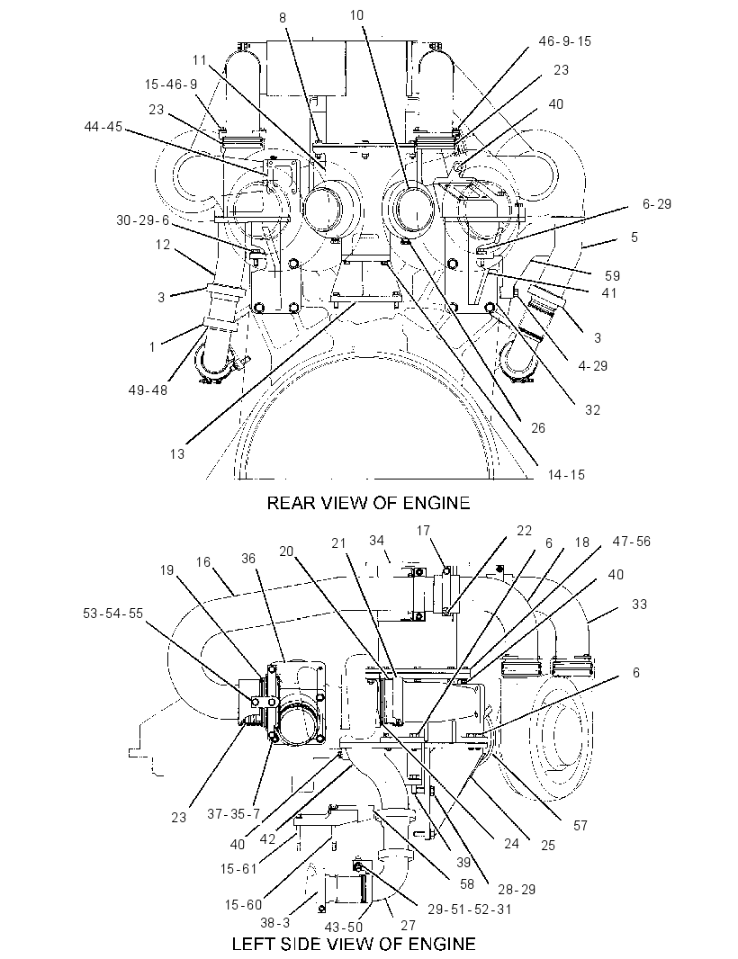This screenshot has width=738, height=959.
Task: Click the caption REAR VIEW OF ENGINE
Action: point(368,503)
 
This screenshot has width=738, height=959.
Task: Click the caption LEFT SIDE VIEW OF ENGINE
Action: point(353,943)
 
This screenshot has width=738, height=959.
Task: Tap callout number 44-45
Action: point(103,127)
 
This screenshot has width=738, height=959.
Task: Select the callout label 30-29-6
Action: point(142,220)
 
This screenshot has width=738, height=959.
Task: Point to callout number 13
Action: point(177,453)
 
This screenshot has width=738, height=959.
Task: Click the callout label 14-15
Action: point(566,474)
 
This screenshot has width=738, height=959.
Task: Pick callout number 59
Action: point(612,276)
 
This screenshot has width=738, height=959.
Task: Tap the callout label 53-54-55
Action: point(112,613)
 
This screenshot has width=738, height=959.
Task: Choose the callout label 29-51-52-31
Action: point(470,909)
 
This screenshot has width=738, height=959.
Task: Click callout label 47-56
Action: point(632,541)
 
